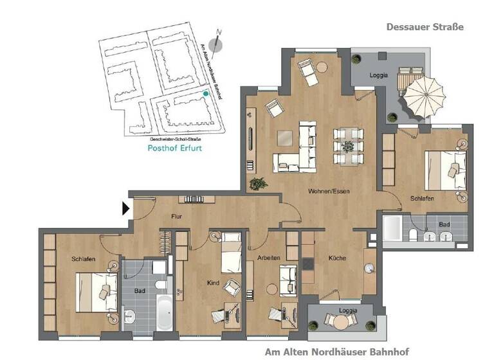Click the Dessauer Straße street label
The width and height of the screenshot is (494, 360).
[425, 27]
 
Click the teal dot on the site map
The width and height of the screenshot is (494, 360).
[206, 94]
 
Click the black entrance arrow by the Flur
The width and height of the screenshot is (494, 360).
[126, 208]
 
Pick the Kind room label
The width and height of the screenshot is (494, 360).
[213, 282]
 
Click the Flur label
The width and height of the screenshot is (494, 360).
[177, 217]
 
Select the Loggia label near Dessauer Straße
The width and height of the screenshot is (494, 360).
[379, 75]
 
